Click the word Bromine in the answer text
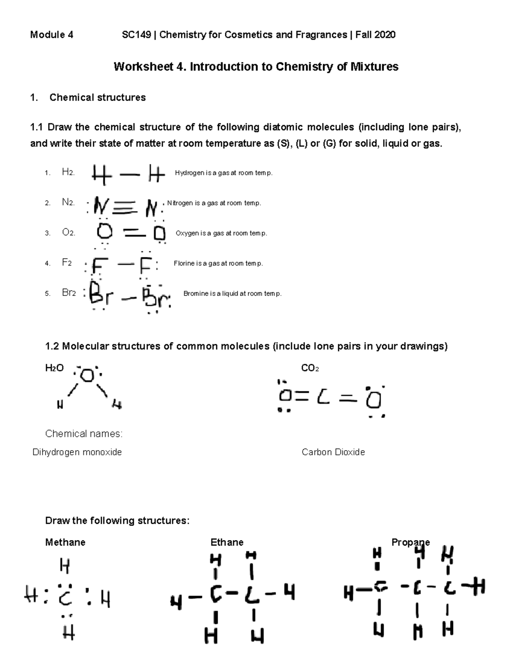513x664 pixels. point(196,294)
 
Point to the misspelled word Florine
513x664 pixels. point(184,264)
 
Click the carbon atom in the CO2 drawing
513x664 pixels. point(323,398)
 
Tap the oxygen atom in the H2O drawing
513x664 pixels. point(87,375)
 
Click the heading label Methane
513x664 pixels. point(65,542)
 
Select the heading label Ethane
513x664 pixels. point(227,542)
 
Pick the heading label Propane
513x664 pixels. point(410,542)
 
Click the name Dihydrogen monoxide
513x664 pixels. point(77,452)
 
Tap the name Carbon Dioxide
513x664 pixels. point(333,452)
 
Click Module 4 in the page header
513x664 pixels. point(51,35)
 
